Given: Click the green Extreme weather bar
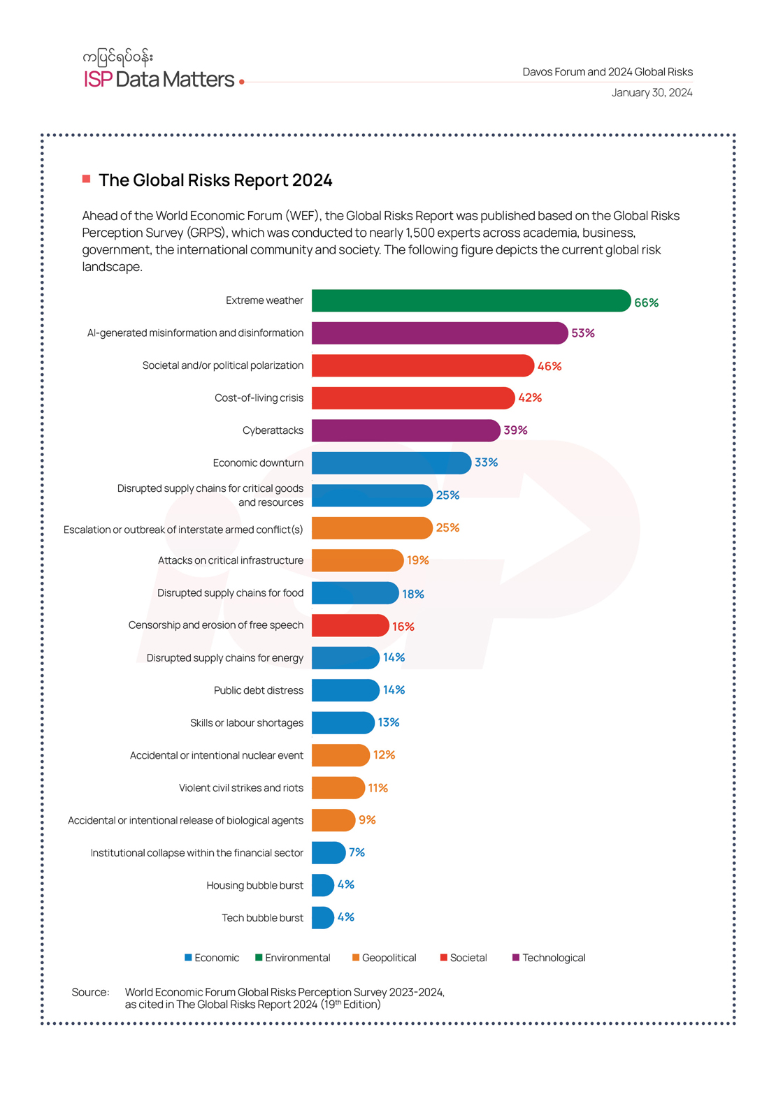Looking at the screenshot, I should (470, 300).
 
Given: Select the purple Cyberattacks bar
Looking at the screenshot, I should (405, 430).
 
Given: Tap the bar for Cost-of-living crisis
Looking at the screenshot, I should (412, 398).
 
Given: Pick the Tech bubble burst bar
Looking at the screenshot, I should (322, 917).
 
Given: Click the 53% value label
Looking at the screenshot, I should (582, 333).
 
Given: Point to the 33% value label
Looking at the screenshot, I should (486, 462).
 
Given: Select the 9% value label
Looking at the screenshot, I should (367, 820).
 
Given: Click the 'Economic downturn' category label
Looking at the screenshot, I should (258, 462).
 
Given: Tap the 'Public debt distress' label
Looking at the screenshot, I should (258, 690).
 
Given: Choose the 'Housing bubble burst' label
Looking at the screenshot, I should (254, 885).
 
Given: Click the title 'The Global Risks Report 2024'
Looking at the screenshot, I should (215, 180).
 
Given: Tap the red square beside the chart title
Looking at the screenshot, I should (87, 179).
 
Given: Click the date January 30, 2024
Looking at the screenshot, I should (652, 93).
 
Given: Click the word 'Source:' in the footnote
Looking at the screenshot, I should (90, 992).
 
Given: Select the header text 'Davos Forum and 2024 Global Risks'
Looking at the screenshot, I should (608, 72).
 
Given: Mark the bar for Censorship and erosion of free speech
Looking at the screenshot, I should (350, 625).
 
